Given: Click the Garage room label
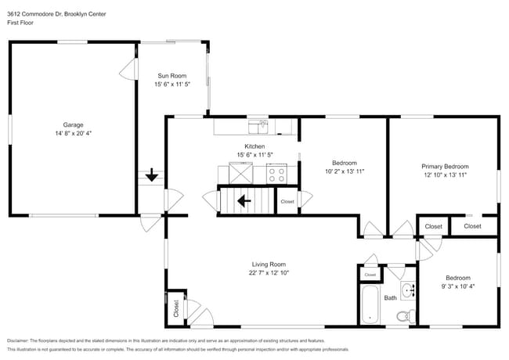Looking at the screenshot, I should click(x=73, y=124).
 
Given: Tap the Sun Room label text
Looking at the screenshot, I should click(x=172, y=76).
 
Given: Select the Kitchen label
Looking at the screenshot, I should click(x=254, y=146).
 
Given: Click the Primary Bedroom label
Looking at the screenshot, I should click(x=445, y=167).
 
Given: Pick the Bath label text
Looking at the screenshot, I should click(x=390, y=297).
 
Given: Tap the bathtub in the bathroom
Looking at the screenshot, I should click(x=369, y=306).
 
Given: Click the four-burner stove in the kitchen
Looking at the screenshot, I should click(x=276, y=173).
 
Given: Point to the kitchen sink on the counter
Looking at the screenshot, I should click(x=258, y=124).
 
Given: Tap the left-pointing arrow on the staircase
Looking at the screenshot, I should click(x=244, y=200).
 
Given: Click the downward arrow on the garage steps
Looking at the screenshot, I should click(x=150, y=176).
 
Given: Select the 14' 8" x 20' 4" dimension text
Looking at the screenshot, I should click(x=73, y=133).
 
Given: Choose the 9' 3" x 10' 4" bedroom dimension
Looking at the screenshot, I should click(x=458, y=286).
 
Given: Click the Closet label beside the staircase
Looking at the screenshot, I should click(x=287, y=201).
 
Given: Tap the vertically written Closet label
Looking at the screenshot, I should click(x=176, y=309).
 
